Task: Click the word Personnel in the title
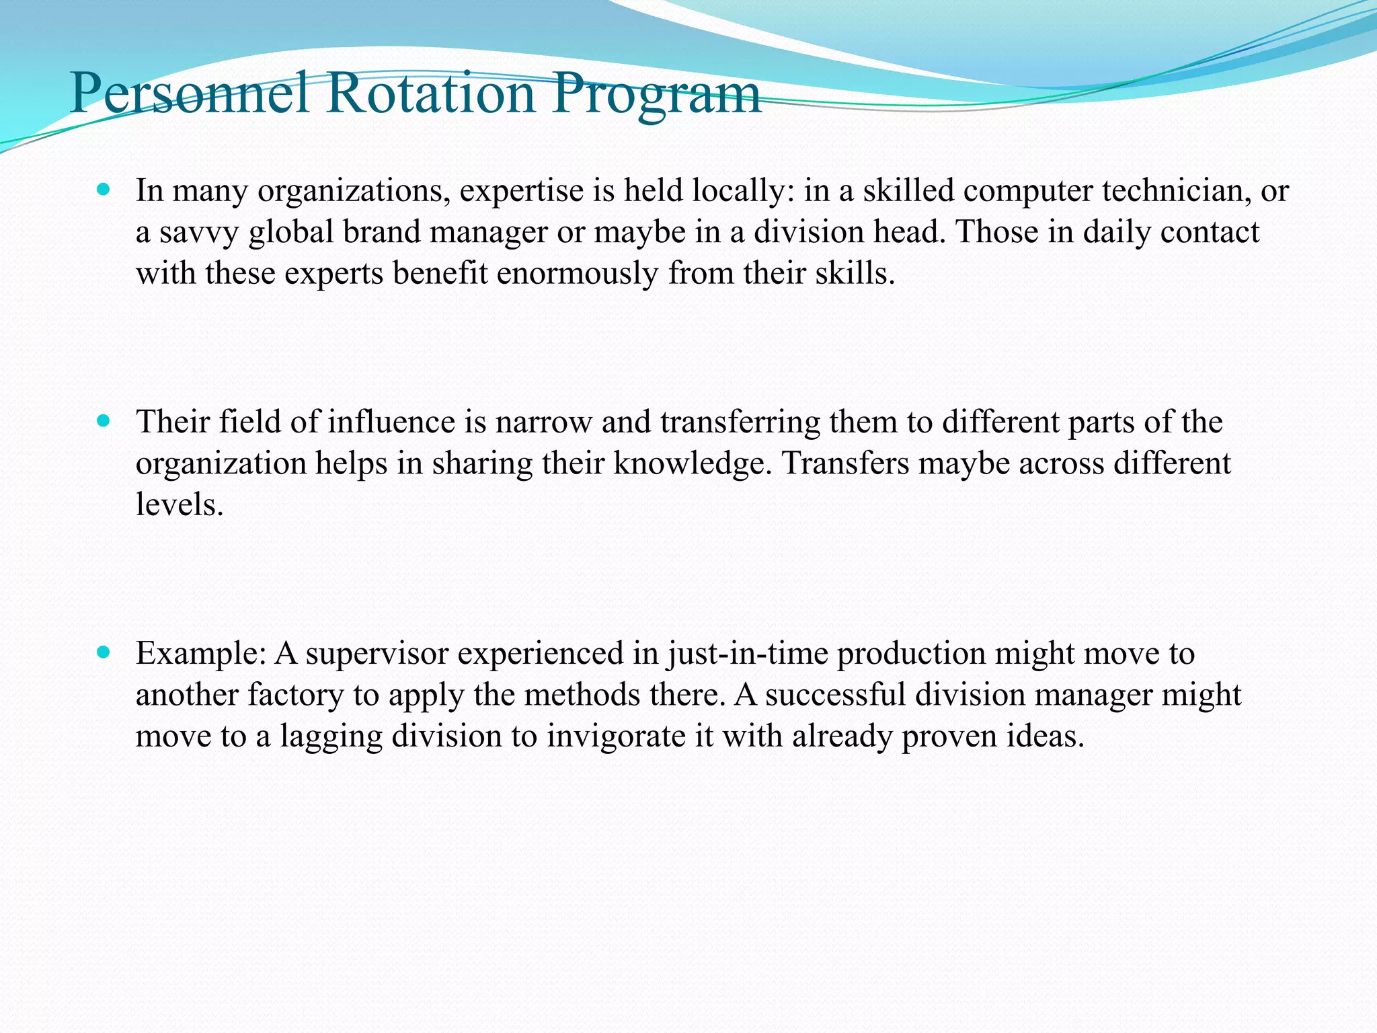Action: [189, 94]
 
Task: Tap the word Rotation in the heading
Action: [431, 94]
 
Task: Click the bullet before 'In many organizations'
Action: [103, 191]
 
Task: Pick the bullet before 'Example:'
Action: [103, 653]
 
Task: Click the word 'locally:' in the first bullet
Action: [744, 192]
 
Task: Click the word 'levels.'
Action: [179, 504]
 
